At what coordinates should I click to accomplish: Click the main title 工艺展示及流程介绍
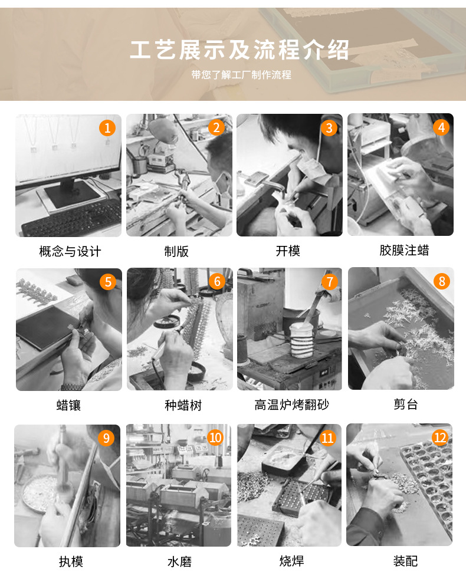coord(239,50)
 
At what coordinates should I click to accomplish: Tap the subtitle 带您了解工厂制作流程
coord(241,75)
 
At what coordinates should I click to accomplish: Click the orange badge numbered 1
coord(107,127)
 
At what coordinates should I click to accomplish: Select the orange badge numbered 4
coord(440,127)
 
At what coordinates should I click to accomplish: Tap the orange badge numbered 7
coord(329,281)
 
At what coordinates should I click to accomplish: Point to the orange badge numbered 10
coord(215,437)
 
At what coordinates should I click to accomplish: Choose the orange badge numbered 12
coord(440,437)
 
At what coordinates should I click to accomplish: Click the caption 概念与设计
coord(70,251)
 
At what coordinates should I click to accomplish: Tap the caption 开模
coord(288,251)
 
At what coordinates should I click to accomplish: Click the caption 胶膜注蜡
coord(404,251)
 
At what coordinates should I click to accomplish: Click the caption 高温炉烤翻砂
coord(291,406)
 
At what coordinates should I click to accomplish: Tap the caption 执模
coord(71,561)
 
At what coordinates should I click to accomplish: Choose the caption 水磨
coord(179,561)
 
